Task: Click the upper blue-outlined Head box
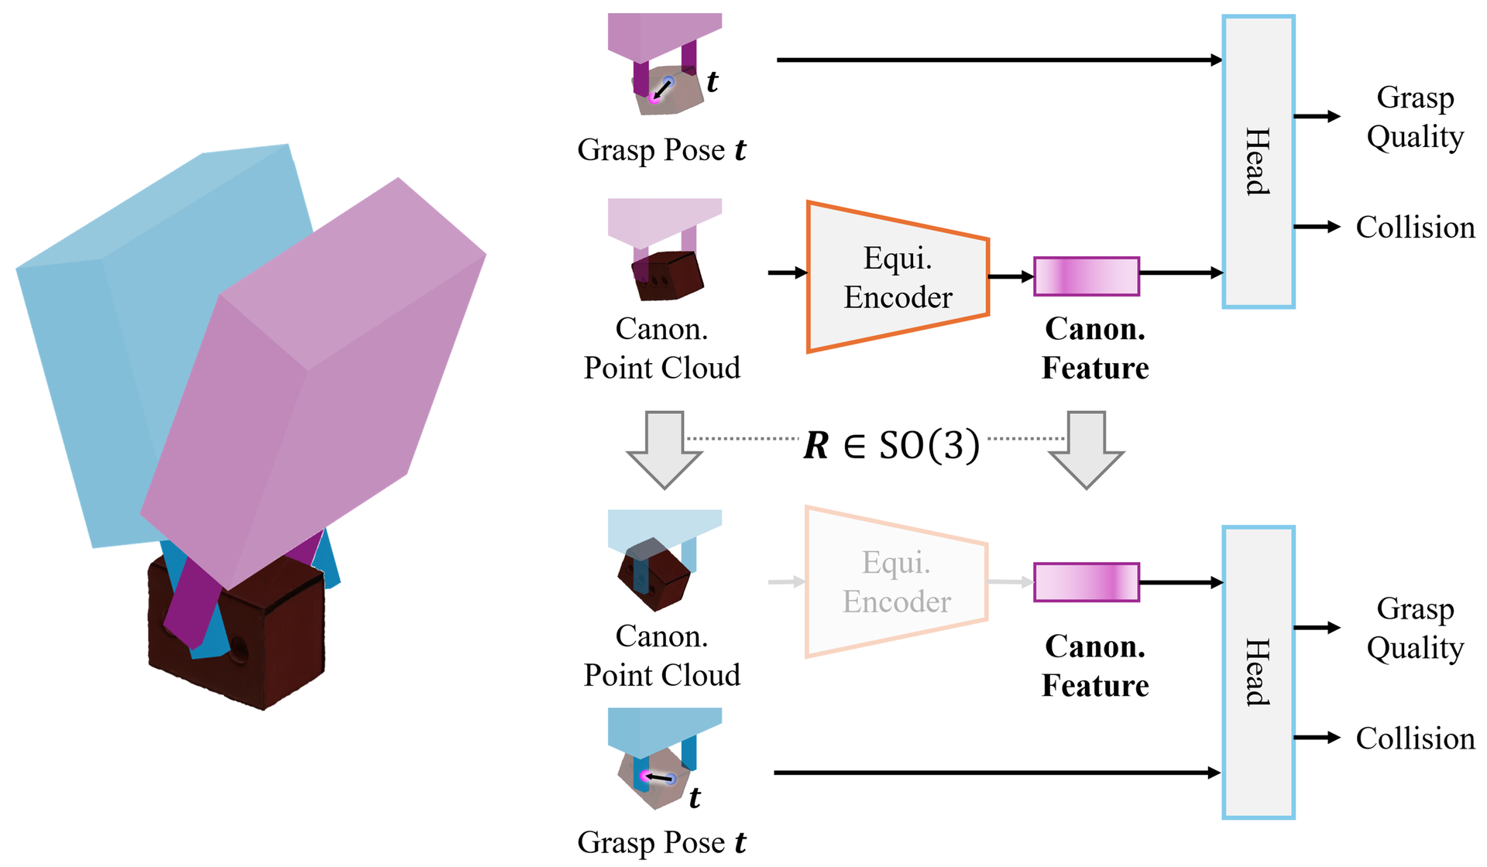[1259, 162]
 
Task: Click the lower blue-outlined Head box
[1259, 673]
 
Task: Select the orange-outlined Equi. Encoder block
[898, 277]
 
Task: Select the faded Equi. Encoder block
[897, 582]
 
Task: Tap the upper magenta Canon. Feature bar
[1087, 276]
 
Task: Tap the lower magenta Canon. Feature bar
[1087, 582]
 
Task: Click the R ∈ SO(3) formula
[891, 445]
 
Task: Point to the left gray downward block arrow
[665, 450]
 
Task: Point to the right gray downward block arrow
[1086, 450]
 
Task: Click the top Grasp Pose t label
[661, 149]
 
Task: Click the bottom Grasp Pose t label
[661, 842]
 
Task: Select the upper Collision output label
[1415, 227]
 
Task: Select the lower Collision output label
[1415, 738]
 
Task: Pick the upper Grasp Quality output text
[1415, 117]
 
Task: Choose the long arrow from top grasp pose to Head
[1000, 60]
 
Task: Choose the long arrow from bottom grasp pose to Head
[998, 773]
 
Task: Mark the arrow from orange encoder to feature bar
[1011, 276]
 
